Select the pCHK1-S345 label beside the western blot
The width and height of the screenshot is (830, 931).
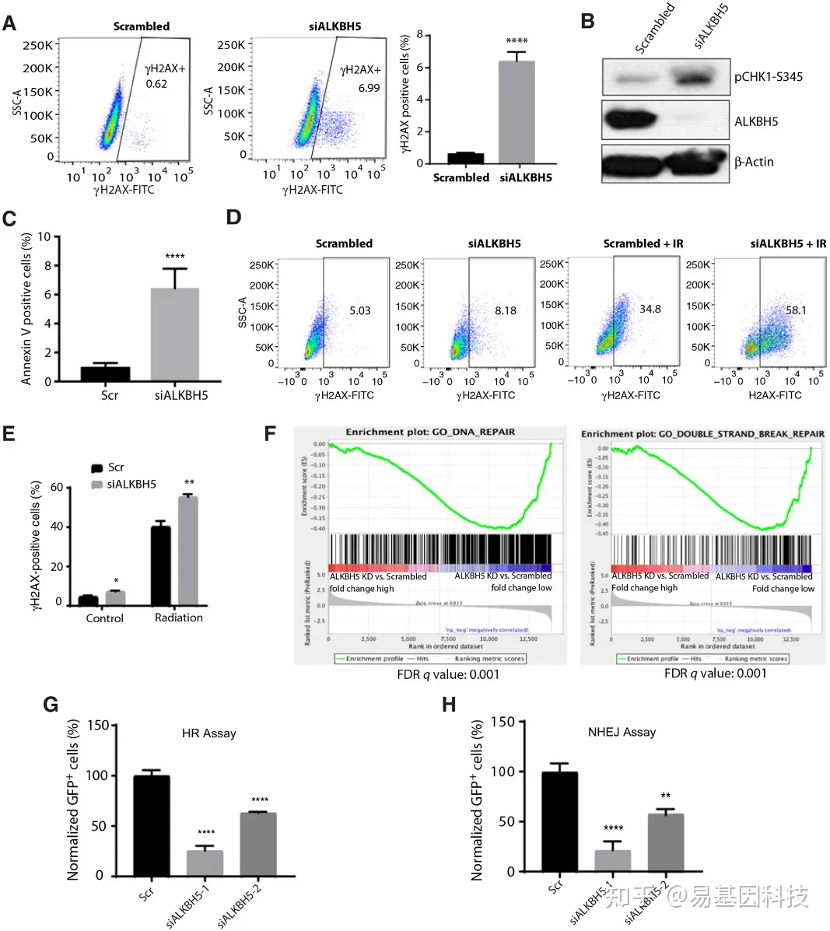click(x=768, y=77)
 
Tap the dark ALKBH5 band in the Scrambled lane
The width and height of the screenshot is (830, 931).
click(x=629, y=121)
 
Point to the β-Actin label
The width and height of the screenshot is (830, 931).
click(x=754, y=162)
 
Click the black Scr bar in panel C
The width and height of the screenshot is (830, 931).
click(x=105, y=373)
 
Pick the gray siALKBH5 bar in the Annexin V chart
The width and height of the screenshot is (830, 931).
click(x=174, y=334)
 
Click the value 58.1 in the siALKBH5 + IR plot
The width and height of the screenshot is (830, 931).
click(x=796, y=310)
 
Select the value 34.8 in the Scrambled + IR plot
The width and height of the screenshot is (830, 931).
click(x=650, y=309)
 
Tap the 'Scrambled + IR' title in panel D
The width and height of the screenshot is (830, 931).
click(x=643, y=243)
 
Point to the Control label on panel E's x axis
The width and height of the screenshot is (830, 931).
click(x=104, y=618)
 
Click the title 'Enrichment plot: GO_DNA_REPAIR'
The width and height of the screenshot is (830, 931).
click(x=430, y=432)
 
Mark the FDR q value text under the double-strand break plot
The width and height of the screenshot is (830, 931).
click(x=715, y=674)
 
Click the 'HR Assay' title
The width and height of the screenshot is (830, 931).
click(x=208, y=733)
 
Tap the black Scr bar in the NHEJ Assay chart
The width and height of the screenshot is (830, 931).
click(x=559, y=821)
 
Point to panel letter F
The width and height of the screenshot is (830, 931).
click(x=271, y=432)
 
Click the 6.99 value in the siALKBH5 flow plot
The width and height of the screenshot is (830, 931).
click(x=369, y=88)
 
